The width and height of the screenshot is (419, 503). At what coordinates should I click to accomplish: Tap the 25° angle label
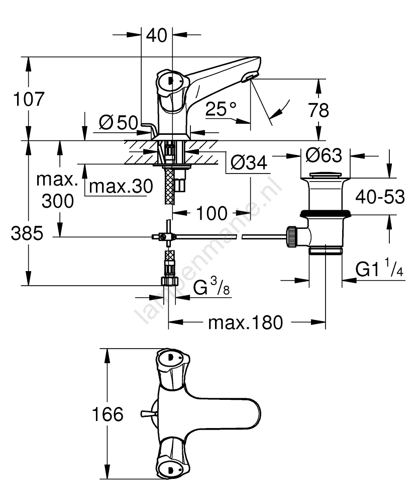(221, 109)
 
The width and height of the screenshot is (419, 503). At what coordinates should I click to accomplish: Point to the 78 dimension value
(319, 110)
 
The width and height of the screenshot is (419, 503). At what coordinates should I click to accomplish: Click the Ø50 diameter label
(119, 122)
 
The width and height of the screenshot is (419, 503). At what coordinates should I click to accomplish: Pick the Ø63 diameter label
(324, 155)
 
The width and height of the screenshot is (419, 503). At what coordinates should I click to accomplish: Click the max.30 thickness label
(120, 186)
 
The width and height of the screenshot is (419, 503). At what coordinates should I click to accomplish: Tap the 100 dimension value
(212, 213)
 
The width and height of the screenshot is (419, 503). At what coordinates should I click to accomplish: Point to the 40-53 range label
(380, 198)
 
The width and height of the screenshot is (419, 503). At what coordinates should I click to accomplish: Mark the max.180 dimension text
(246, 322)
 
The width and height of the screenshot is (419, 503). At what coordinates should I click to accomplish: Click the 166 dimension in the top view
(107, 414)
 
